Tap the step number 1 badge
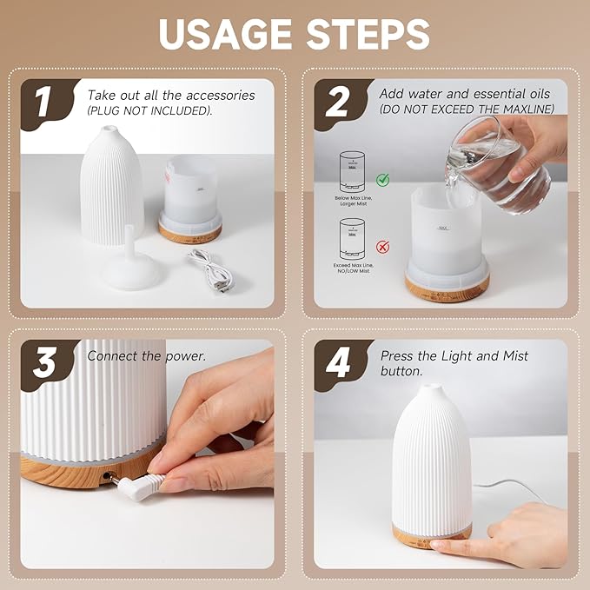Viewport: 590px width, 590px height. [43, 102]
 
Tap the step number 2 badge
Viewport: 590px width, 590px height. [336, 102]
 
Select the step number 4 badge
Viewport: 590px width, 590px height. [337, 362]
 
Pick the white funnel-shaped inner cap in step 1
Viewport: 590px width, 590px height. [130, 265]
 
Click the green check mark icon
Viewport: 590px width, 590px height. [382, 180]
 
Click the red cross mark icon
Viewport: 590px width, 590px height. [382, 247]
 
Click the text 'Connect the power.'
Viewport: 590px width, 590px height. [146, 356]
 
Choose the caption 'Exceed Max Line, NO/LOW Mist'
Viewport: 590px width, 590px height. [355, 268]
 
